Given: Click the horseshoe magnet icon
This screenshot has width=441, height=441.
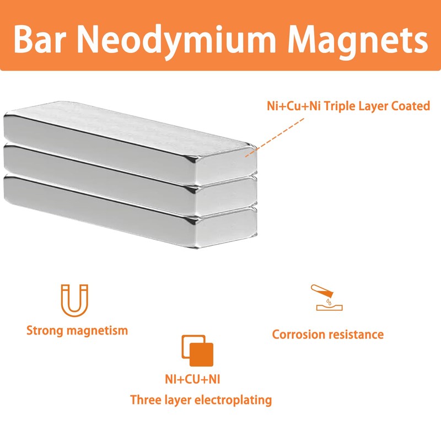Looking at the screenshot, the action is [x=74, y=300].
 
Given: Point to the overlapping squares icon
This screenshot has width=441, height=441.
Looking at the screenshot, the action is [x=197, y=351].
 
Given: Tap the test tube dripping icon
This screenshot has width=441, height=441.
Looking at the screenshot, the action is [x=325, y=298].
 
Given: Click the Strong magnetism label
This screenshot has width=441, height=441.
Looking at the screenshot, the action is [x=77, y=331].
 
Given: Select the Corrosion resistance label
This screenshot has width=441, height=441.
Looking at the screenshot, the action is [x=328, y=334].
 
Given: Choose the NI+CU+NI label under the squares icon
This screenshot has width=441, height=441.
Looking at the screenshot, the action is [x=201, y=379].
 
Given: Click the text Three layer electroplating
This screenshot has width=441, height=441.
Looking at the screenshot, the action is [x=201, y=400].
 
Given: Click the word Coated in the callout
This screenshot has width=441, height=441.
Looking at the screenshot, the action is [x=408, y=106].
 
